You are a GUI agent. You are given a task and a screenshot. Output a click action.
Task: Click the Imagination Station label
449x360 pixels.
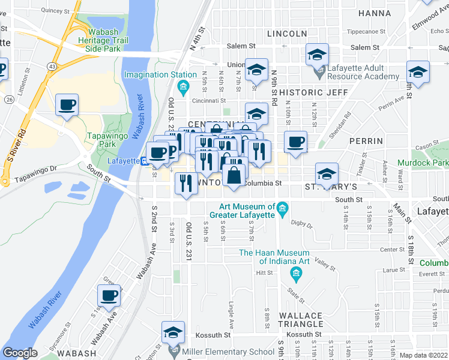(x=160, y=74)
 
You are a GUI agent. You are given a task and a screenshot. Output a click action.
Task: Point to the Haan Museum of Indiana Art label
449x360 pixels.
(x=274, y=257)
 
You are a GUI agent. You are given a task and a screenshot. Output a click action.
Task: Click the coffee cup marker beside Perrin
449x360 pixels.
(x=295, y=143)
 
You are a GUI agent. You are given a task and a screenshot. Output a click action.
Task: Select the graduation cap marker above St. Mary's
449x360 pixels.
(x=327, y=174)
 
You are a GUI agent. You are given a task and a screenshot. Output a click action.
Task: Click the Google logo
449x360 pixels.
(x=20, y=353)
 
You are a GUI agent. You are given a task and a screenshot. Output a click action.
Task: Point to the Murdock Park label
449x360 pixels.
(x=422, y=163)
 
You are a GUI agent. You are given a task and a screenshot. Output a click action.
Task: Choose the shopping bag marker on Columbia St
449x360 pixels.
(x=234, y=176)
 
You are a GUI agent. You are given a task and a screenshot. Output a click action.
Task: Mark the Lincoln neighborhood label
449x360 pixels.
(x=287, y=34)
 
